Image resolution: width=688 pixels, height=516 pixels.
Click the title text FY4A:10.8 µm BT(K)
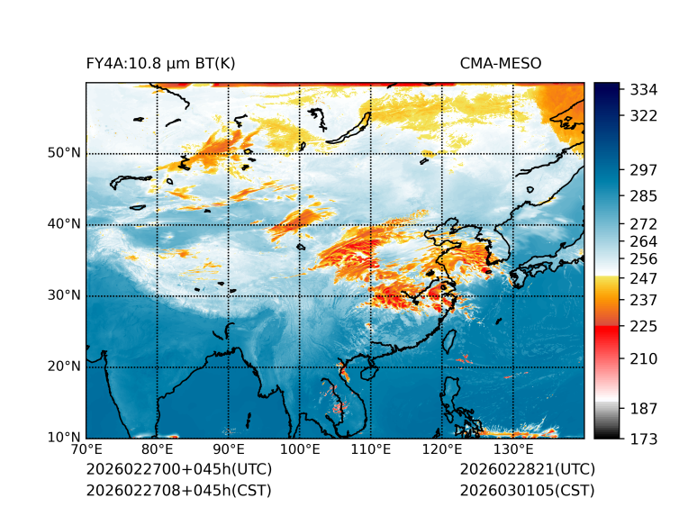(160, 63)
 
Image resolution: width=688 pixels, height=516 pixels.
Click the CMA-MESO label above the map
(501, 63)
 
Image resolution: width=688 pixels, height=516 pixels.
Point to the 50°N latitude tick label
(64, 153)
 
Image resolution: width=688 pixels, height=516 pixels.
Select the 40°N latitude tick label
(64, 224)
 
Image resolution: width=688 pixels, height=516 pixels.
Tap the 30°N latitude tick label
(64, 295)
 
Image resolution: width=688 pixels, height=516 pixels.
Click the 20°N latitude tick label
(64, 367)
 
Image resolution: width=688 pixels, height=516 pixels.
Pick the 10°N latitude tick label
(64, 438)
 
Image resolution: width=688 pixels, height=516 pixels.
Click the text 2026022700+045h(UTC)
(178, 470)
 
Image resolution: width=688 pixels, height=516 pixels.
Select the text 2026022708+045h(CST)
(178, 491)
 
